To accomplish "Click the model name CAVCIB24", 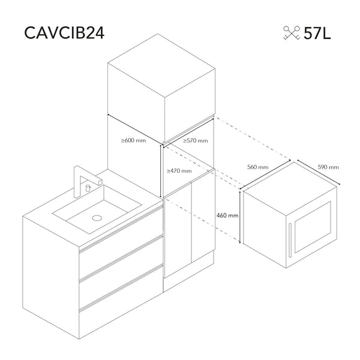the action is point(64,33).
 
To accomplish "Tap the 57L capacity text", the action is point(317,33).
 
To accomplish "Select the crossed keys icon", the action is point(292,33).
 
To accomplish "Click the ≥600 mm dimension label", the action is point(133,140).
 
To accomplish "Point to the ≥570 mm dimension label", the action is point(196,140).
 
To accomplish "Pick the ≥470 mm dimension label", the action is point(179,171).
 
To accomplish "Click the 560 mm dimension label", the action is point(257,167).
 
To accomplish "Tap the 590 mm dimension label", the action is point(328,167).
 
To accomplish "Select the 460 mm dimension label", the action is point(227,215).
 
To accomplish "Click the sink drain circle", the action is point(97,218).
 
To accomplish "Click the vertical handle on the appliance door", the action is point(290,240).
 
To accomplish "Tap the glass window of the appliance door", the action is point(313,227).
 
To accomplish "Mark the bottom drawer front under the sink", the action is point(121,302).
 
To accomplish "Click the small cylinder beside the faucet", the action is point(88,188).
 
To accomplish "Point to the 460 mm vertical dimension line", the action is point(240,217).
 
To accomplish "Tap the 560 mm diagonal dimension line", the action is point(265,175).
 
